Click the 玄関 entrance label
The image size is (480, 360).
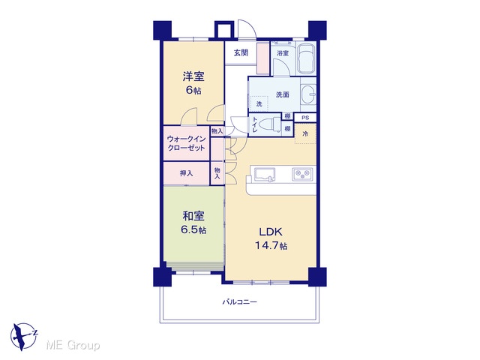pyautogui.click(x=241, y=53)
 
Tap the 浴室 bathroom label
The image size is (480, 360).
pyautogui.click(x=283, y=53)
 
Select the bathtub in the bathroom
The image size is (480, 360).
pyautogui.click(x=307, y=58)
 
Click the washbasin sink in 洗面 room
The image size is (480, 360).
pyautogui.click(x=308, y=94)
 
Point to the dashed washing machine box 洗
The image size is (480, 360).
pyautogui.click(x=259, y=103)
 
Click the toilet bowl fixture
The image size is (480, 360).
pyautogui.click(x=270, y=125)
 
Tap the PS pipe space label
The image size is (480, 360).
pyautogui.click(x=305, y=118)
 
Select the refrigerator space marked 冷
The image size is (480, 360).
pyautogui.click(x=305, y=133)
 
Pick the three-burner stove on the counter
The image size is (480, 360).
pyautogui.click(x=302, y=174)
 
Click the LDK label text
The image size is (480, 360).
pyautogui.click(x=271, y=232)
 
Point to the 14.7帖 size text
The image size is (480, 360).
pyautogui.click(x=271, y=245)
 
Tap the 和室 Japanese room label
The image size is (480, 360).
pyautogui.click(x=193, y=216)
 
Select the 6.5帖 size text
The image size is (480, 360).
pyautogui.click(x=193, y=230)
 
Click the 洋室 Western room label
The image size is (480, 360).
pyautogui.click(x=193, y=76)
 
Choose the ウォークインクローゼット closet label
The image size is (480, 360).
pyautogui.click(x=186, y=143)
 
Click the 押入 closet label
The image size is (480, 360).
pyautogui.click(x=186, y=173)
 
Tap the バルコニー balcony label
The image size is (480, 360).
pyautogui.click(x=239, y=302)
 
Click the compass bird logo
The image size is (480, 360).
pyautogui.click(x=24, y=337)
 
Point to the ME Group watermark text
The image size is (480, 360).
pyautogui.click(x=73, y=345)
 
